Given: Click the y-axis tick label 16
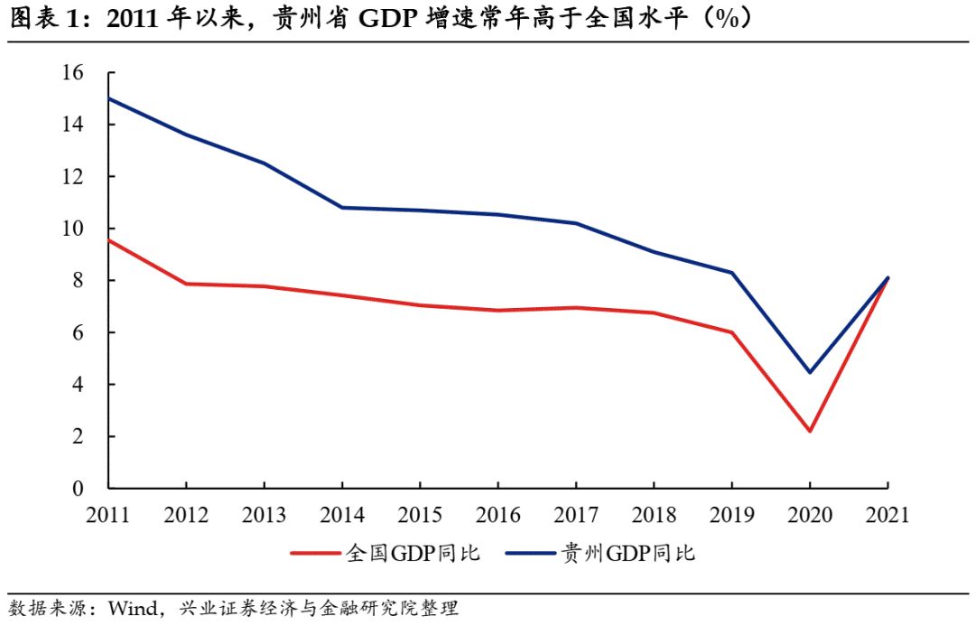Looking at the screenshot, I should [x=72, y=73].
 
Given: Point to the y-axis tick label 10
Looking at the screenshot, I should [x=72, y=229].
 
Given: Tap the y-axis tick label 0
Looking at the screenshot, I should [x=78, y=489].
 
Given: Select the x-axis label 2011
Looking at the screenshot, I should [x=107, y=516].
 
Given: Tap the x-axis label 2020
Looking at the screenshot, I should [x=809, y=516].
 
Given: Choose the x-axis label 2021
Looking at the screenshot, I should [x=887, y=516].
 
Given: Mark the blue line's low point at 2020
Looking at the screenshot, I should [x=809, y=372].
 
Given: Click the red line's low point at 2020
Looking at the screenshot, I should [x=809, y=431].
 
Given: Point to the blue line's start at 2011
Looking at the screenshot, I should [x=108, y=98].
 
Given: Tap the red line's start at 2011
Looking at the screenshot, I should [x=108, y=239].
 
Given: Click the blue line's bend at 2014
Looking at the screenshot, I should [x=341, y=208].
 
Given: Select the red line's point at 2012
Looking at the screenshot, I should [x=186, y=284].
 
